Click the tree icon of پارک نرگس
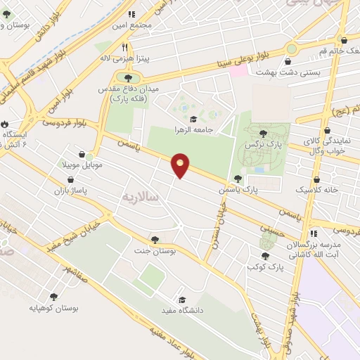coord(263,133)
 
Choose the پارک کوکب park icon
coord(264,256)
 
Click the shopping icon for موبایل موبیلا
coord(83,154)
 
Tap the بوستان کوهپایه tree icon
coord(53,297)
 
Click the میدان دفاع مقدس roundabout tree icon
coord(127,78)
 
